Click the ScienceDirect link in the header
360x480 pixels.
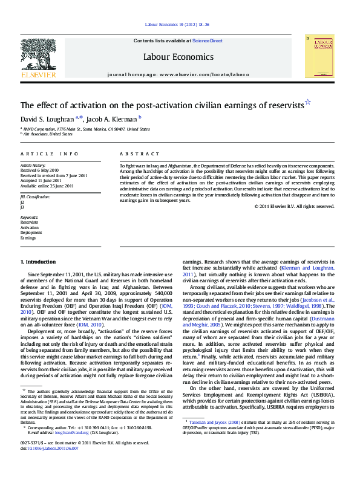(x=207, y=41)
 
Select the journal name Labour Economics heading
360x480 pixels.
(x=178, y=57)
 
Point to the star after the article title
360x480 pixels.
(x=308, y=103)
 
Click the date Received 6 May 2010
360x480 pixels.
(x=40, y=170)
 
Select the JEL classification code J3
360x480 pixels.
(x=22, y=206)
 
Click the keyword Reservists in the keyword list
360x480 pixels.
(x=29, y=222)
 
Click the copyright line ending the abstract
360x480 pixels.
(x=294, y=206)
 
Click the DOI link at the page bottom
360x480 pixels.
(x=45, y=449)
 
